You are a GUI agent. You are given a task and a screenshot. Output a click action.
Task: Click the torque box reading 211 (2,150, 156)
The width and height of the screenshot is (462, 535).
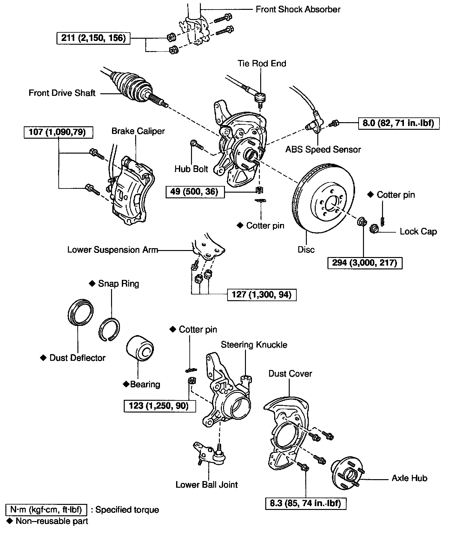[x=94, y=38]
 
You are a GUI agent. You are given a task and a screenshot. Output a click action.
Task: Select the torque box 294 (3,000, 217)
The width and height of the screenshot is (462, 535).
[x=365, y=263]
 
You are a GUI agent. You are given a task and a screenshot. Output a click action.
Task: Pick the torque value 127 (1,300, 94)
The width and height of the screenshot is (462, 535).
[x=261, y=295]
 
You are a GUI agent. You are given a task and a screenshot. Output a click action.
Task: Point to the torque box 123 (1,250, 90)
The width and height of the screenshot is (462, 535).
[x=159, y=406]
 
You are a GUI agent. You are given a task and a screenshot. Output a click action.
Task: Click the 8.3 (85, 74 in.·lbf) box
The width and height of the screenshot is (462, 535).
[x=306, y=503]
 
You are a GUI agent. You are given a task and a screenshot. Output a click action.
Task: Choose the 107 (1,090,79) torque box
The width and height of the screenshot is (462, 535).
[x=59, y=132]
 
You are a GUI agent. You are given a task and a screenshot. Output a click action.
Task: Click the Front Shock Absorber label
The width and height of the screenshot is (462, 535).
[x=298, y=9]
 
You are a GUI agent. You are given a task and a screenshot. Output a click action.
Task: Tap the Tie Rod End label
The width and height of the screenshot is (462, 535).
[x=262, y=63]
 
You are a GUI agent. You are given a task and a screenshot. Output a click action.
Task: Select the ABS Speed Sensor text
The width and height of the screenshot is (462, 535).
[x=323, y=149]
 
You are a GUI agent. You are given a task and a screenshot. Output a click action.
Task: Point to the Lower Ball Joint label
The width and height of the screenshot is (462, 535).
[x=207, y=485]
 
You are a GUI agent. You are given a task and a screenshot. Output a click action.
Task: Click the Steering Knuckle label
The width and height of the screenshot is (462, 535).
[x=254, y=345]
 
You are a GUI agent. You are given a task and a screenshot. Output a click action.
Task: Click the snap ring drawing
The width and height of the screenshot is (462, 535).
[x=109, y=329]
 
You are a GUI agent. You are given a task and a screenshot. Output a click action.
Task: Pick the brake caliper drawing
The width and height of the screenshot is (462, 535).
[x=132, y=190]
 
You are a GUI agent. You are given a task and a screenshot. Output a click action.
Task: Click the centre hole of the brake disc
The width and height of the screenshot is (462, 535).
[x=331, y=203]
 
